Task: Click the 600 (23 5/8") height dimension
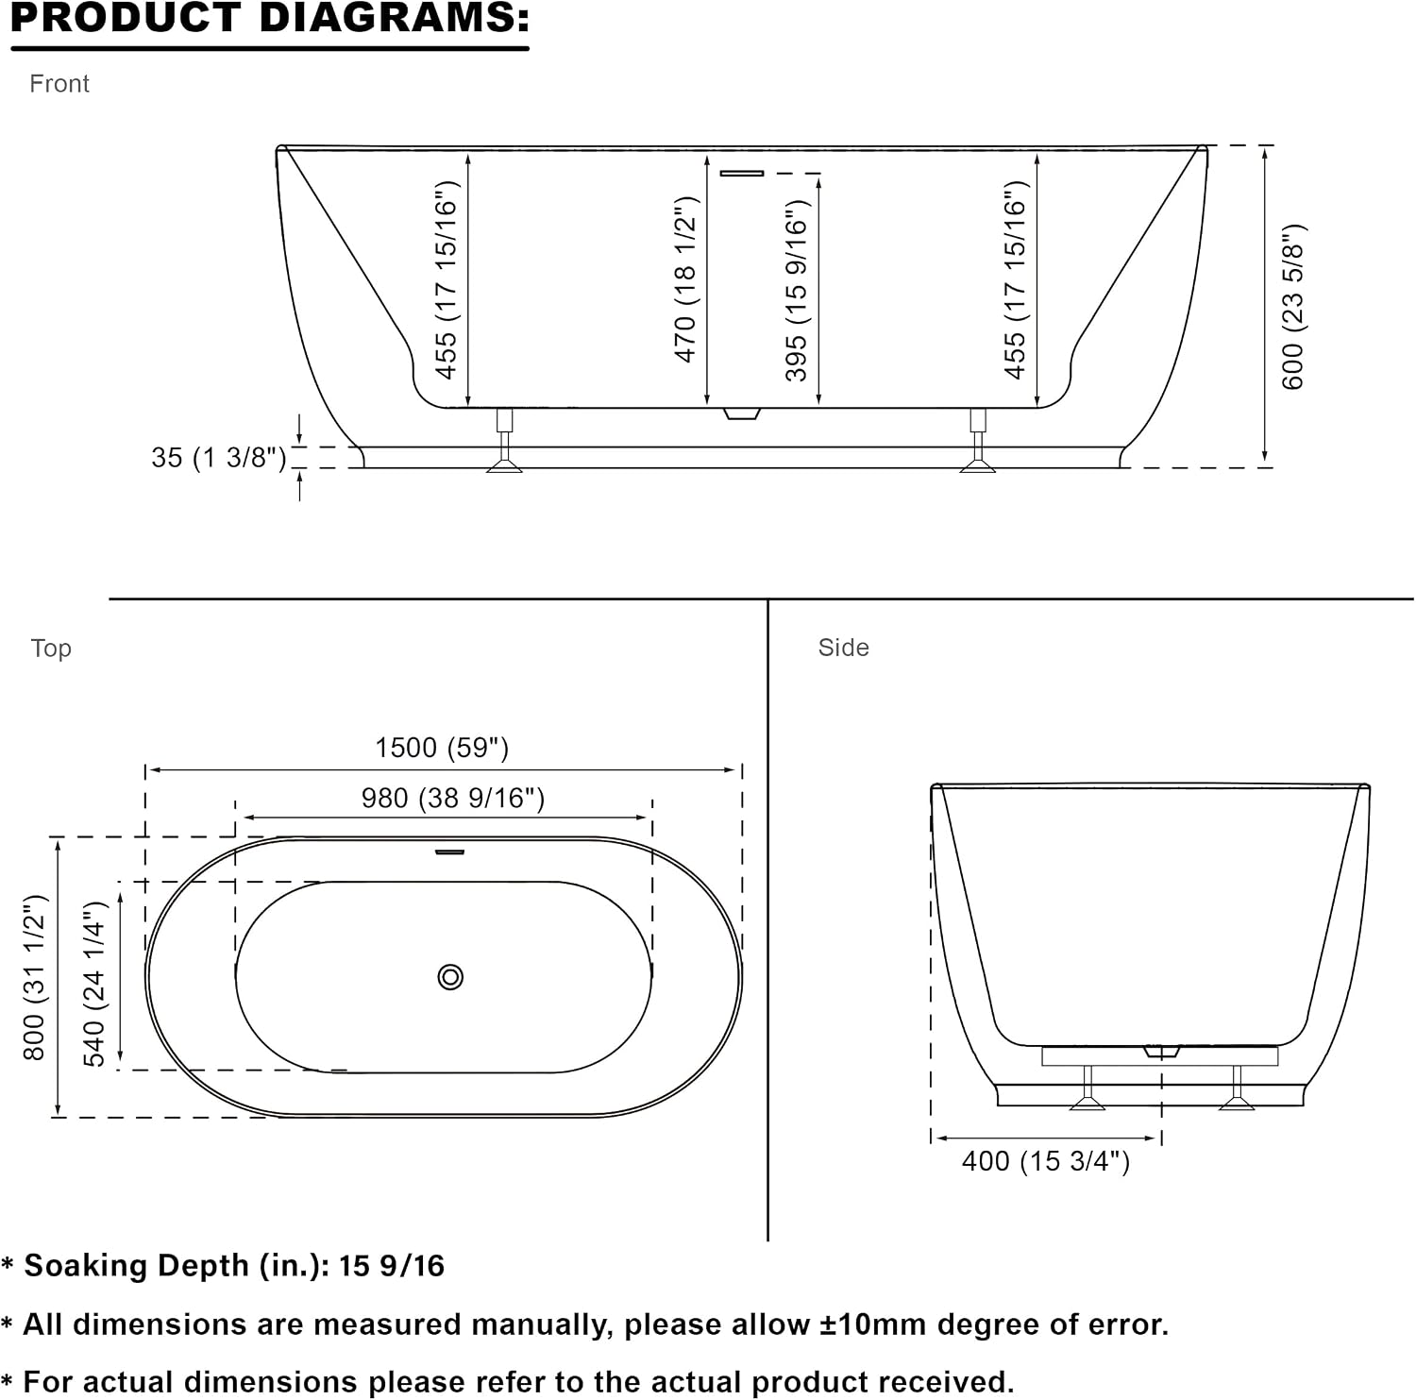[x=1293, y=307]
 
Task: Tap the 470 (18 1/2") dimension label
[x=685, y=279]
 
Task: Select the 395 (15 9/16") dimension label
[x=797, y=291]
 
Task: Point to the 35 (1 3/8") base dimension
[x=219, y=458]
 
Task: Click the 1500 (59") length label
[x=442, y=748]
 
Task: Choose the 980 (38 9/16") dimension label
[x=453, y=799]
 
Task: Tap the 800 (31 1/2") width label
[x=34, y=977]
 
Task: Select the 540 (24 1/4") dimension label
[x=95, y=984]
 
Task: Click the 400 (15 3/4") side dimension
[x=1046, y=1161]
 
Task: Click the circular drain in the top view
[x=451, y=977]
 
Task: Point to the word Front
[x=59, y=84]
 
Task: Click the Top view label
[x=51, y=649]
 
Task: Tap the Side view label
[x=843, y=648]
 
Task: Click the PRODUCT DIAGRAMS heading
[x=270, y=18]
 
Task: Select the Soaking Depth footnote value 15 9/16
[x=391, y=1266]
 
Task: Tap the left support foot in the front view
[x=505, y=441]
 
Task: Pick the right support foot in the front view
[x=978, y=441]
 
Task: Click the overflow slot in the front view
[x=742, y=173]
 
